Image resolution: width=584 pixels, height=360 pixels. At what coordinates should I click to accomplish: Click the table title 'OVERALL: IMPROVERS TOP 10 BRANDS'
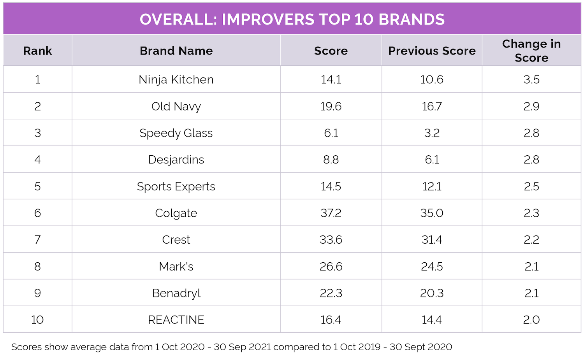tap(292, 19)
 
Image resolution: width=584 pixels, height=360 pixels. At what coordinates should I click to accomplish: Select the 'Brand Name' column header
tap(176, 51)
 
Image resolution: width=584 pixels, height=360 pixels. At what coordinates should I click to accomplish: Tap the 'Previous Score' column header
tap(432, 51)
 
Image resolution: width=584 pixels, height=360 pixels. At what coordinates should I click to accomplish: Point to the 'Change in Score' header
tap(531, 51)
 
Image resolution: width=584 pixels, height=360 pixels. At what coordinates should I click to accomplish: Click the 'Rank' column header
tap(37, 51)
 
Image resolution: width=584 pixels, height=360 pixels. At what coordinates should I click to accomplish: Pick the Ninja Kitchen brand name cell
tap(176, 79)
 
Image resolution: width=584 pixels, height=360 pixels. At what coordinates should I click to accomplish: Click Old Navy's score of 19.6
tap(331, 106)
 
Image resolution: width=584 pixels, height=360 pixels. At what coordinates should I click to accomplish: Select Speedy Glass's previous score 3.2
tap(432, 133)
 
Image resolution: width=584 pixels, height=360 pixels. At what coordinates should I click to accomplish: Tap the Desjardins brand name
tap(176, 160)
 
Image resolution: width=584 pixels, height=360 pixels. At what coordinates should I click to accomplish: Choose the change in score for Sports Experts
tap(531, 186)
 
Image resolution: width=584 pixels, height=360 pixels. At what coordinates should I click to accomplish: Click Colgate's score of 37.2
tap(331, 213)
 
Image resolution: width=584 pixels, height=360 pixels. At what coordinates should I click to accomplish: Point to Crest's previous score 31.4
tap(432, 240)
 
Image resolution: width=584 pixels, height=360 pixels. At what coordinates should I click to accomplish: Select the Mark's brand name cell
tap(176, 267)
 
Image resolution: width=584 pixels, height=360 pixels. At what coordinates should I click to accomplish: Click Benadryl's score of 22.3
tap(331, 293)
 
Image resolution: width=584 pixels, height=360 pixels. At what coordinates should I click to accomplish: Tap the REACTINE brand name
tap(176, 320)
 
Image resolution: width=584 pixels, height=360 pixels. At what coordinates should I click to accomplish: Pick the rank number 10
tap(37, 320)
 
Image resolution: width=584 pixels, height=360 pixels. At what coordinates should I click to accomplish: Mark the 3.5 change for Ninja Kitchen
tap(531, 79)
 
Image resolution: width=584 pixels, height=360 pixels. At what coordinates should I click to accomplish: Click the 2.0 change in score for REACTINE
tap(531, 320)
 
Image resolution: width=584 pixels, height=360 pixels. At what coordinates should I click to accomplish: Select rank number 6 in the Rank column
tap(37, 213)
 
